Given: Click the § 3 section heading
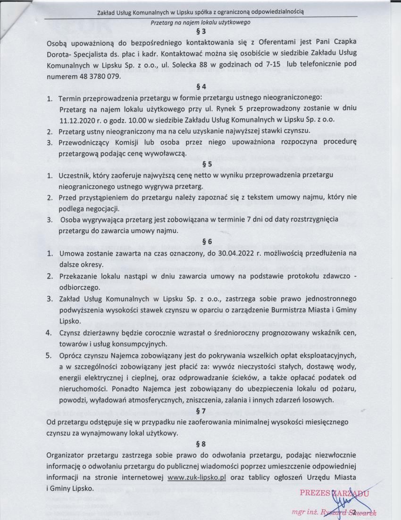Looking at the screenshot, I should click(x=200, y=32).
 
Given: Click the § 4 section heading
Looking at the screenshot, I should click(x=200, y=87).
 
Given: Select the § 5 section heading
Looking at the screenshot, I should click(x=200, y=165).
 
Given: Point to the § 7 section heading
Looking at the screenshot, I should click(x=200, y=410).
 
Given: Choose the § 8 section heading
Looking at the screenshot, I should click(x=200, y=444).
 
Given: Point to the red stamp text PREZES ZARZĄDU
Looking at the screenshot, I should click(x=333, y=493).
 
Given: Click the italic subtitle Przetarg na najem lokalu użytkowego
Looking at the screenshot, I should click(x=200, y=22).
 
